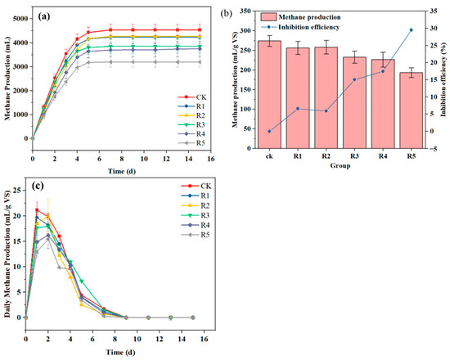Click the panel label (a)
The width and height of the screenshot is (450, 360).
48,17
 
